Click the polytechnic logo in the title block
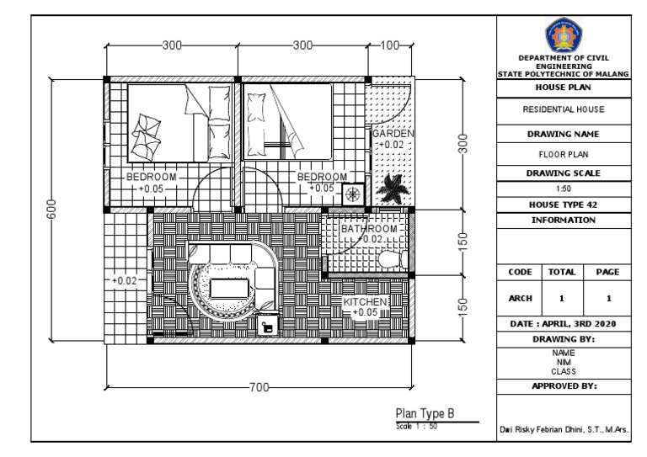pos(564,35)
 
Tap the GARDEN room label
pos(393,134)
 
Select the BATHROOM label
pos(369,229)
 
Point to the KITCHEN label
pos(365,301)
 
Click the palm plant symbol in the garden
pos(393,189)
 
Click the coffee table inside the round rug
pos(229,288)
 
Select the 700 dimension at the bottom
pos(259,387)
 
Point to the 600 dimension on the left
pos(51,209)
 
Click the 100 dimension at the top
pos(389,45)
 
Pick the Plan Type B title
pos(425,413)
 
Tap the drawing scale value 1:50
pos(564,189)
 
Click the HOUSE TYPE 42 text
pos(564,205)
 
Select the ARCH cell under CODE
pos(520,298)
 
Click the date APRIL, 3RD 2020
pos(580,324)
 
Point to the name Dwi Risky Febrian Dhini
pos(542,430)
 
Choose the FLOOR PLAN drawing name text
pos(564,155)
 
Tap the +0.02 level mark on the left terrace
pos(125,280)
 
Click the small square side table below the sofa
pos(267,327)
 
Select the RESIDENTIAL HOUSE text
pos(564,109)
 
